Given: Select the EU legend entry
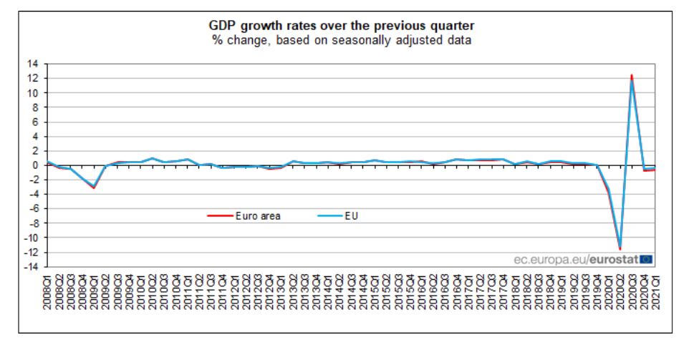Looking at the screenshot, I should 350,215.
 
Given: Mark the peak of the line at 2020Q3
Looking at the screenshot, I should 631,75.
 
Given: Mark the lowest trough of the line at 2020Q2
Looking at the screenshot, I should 620,249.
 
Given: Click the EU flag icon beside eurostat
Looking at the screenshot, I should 647,259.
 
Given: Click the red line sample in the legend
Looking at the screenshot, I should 218,215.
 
